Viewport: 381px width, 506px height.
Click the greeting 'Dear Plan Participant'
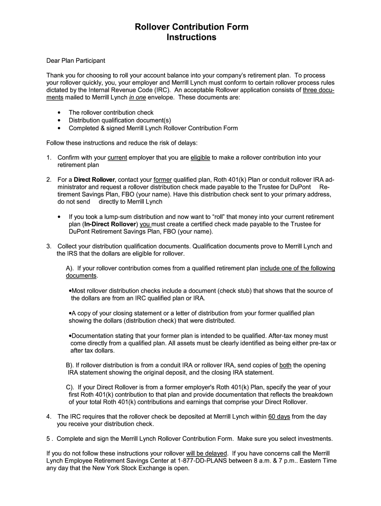75,61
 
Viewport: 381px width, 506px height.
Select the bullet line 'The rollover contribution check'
111,113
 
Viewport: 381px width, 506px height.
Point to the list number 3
49,246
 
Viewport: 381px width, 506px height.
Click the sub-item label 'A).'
70,268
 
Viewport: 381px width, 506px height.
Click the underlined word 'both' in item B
286,365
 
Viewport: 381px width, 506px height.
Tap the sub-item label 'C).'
70,387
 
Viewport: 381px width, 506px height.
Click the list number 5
48,439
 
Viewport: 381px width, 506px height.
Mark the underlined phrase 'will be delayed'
206,453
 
